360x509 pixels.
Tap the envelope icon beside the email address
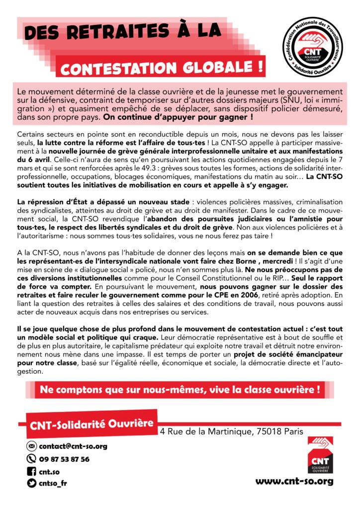[31, 446]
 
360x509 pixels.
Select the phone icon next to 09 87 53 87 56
[31, 459]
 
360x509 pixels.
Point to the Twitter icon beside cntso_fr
[31, 482]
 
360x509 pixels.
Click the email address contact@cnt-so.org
[73, 446]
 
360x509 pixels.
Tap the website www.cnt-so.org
[294, 481]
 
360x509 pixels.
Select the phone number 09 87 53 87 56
[64, 459]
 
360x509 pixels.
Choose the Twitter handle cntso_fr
[52, 482]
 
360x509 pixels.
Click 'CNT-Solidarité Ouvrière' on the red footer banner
[92, 425]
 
